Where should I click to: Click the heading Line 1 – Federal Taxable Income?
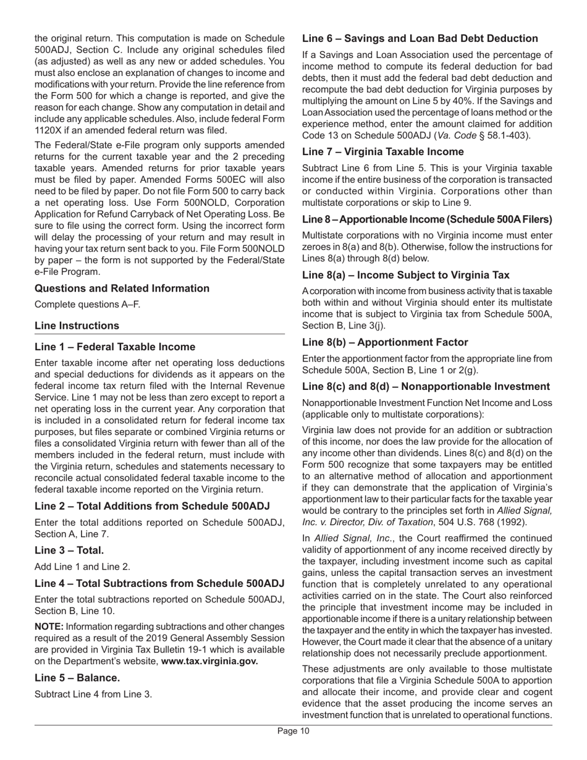pyautogui.click(x=115, y=347)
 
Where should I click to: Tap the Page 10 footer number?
pyautogui.click(x=293, y=732)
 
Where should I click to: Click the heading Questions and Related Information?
pyautogui.click(x=122, y=289)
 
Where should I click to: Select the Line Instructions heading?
pyautogui.click(x=77, y=326)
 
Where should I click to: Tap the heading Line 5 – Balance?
pyautogui.click(x=77, y=678)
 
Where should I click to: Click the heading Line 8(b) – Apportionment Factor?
pyautogui.click(x=385, y=342)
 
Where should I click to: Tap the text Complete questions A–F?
pyautogui.click(x=87, y=304)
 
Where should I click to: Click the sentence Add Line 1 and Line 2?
pyautogui.click(x=82, y=566)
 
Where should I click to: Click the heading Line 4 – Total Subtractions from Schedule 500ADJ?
pyautogui.click(x=159, y=583)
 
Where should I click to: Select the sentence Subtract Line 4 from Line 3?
pyautogui.click(x=93, y=693)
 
